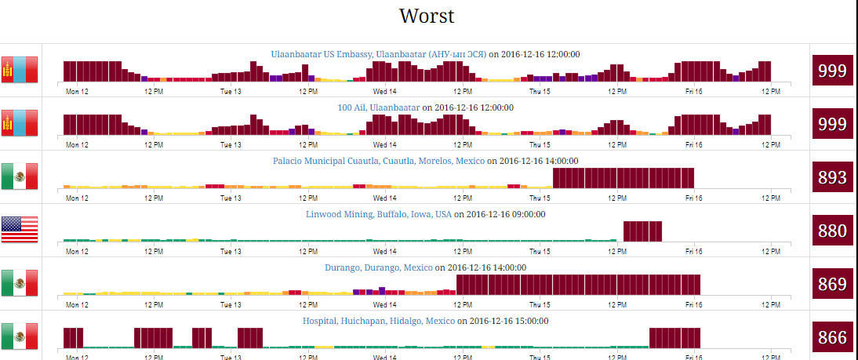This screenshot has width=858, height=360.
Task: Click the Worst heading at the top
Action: point(426,16)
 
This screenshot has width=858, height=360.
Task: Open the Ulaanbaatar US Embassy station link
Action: point(379,54)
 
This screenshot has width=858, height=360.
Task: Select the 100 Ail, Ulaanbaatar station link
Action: point(378,107)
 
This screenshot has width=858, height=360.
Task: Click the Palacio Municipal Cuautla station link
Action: point(379,161)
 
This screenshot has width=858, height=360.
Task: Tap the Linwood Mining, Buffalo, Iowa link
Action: point(379,214)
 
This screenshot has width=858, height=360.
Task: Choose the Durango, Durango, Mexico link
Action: point(379,267)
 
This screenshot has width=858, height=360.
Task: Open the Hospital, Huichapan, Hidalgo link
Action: point(379,321)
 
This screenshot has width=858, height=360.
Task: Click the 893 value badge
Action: point(832,177)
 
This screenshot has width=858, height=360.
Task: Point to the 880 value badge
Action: point(832,231)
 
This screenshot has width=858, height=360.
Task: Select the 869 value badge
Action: point(832,284)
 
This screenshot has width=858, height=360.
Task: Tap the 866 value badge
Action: point(832,337)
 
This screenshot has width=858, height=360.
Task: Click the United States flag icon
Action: point(20,230)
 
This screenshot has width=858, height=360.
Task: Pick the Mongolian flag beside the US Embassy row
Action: point(20,70)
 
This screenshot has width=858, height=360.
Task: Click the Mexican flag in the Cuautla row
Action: point(20,176)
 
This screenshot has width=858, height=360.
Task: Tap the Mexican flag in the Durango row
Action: point(20,283)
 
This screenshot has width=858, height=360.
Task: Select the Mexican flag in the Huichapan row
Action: point(20,336)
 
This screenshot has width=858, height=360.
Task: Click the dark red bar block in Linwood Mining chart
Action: point(642,231)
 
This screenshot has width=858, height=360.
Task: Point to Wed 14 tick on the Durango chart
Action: point(384,304)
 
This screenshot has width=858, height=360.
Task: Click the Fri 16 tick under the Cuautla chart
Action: point(693,198)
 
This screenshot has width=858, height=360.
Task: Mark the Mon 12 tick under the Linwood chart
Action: point(77,251)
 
